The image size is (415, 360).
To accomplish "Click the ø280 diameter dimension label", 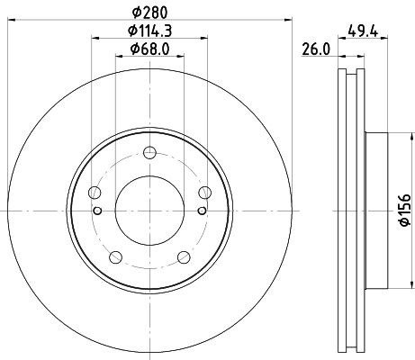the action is pos(149,13).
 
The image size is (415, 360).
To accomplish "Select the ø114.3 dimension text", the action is pos(149,31).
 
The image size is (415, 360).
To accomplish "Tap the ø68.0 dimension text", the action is pos(149,49).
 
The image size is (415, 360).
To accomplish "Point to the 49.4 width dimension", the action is pos(363,31).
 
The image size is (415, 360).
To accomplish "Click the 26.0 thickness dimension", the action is pos(316,49).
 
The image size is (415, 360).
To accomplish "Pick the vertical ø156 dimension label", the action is pos(404,210).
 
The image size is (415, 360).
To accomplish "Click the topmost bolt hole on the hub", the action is pos(149,152).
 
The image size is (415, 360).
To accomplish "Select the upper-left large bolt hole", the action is pos(95,193).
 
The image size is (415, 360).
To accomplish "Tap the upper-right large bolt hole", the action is pos(205,193).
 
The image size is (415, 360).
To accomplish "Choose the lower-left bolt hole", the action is pos(116,257).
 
